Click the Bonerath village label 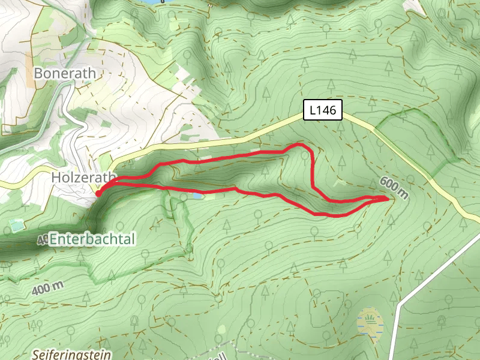coord(65,73)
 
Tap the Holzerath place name coord(82,178)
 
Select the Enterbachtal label coord(92,239)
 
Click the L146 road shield coord(322,110)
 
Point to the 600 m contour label coord(394,188)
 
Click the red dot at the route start coord(98,193)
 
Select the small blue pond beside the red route coord(196,196)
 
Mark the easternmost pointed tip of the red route coord(388,197)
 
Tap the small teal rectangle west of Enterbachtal coord(16,226)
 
